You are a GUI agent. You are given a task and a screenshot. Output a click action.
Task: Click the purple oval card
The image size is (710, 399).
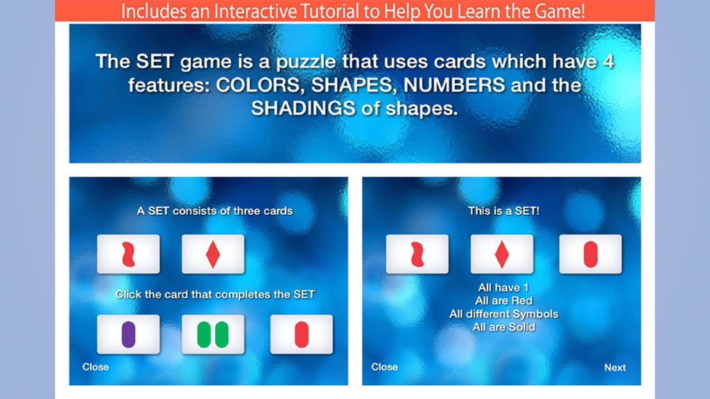coord(128,335)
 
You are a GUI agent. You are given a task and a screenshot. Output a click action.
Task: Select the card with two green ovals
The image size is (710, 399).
coord(213,335)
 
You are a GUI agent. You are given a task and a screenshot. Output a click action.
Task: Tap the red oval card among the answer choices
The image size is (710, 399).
coord(302,335)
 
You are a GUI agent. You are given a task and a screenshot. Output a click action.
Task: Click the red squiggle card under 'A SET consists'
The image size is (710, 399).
coord(128,254)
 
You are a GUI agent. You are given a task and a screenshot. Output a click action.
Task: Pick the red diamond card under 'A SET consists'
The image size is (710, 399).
coord(213,254)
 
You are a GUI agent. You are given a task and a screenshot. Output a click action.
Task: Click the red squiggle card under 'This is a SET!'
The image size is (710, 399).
coord(417,254)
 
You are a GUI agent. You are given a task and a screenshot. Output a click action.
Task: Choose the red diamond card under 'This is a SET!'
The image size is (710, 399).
coord(502,254)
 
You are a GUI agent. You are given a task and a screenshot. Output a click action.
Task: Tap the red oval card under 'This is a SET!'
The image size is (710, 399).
coord(591,254)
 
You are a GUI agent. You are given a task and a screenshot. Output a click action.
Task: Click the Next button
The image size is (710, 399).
coord(615,367)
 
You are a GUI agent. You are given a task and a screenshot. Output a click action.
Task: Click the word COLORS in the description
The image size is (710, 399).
coord(258,85)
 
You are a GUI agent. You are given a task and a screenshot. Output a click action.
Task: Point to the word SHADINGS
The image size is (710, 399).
coord(304,109)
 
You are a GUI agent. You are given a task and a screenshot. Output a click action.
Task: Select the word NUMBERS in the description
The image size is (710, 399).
coord(454,85)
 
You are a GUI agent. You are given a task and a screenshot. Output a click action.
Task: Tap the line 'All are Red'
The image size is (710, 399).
coord(503,301)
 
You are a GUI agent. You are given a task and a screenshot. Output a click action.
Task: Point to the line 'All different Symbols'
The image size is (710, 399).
coord(503,314)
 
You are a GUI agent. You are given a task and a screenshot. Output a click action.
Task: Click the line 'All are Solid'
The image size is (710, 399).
coord(503,327)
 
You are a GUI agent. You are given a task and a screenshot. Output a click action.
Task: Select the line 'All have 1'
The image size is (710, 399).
coord(503,287)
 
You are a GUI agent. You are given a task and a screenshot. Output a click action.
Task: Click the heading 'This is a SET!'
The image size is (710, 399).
coord(503,211)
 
